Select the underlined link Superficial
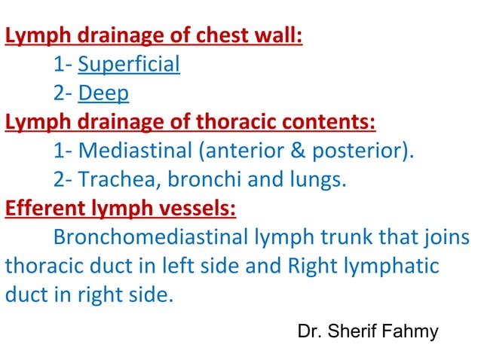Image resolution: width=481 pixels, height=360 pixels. coord(129,64)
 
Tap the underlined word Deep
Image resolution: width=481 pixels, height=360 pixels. coord(104,93)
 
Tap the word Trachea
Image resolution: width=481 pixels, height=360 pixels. coord(115,178)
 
